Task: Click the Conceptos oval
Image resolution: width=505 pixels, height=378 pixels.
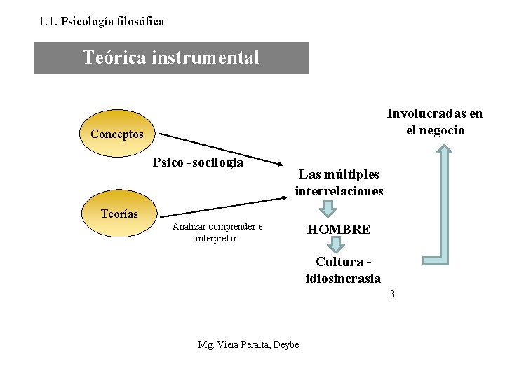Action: [x=117, y=133]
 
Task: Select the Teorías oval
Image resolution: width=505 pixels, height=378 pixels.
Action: [x=120, y=213]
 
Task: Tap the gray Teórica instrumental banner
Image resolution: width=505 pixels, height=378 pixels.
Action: [x=171, y=57]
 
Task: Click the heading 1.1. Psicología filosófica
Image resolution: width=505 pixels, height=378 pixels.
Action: [x=102, y=21]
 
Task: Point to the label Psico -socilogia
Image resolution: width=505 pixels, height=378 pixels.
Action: [x=198, y=162]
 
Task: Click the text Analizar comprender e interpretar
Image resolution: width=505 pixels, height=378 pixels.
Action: [x=217, y=232]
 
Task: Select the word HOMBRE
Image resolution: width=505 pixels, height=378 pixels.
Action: [x=339, y=230]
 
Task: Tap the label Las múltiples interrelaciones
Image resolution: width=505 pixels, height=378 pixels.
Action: [x=339, y=182]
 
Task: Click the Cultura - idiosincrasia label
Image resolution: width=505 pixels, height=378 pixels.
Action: [x=343, y=270]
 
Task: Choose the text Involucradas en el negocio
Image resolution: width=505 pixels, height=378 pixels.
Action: [x=435, y=122]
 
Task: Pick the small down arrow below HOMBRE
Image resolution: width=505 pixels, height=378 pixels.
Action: [x=337, y=244]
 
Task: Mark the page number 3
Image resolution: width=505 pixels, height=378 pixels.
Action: [x=393, y=294]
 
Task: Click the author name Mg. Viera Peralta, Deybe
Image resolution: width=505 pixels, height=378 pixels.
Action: [x=249, y=344]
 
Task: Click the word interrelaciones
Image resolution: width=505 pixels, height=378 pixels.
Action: [x=339, y=190]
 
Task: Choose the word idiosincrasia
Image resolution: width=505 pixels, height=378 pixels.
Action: [x=343, y=278]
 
